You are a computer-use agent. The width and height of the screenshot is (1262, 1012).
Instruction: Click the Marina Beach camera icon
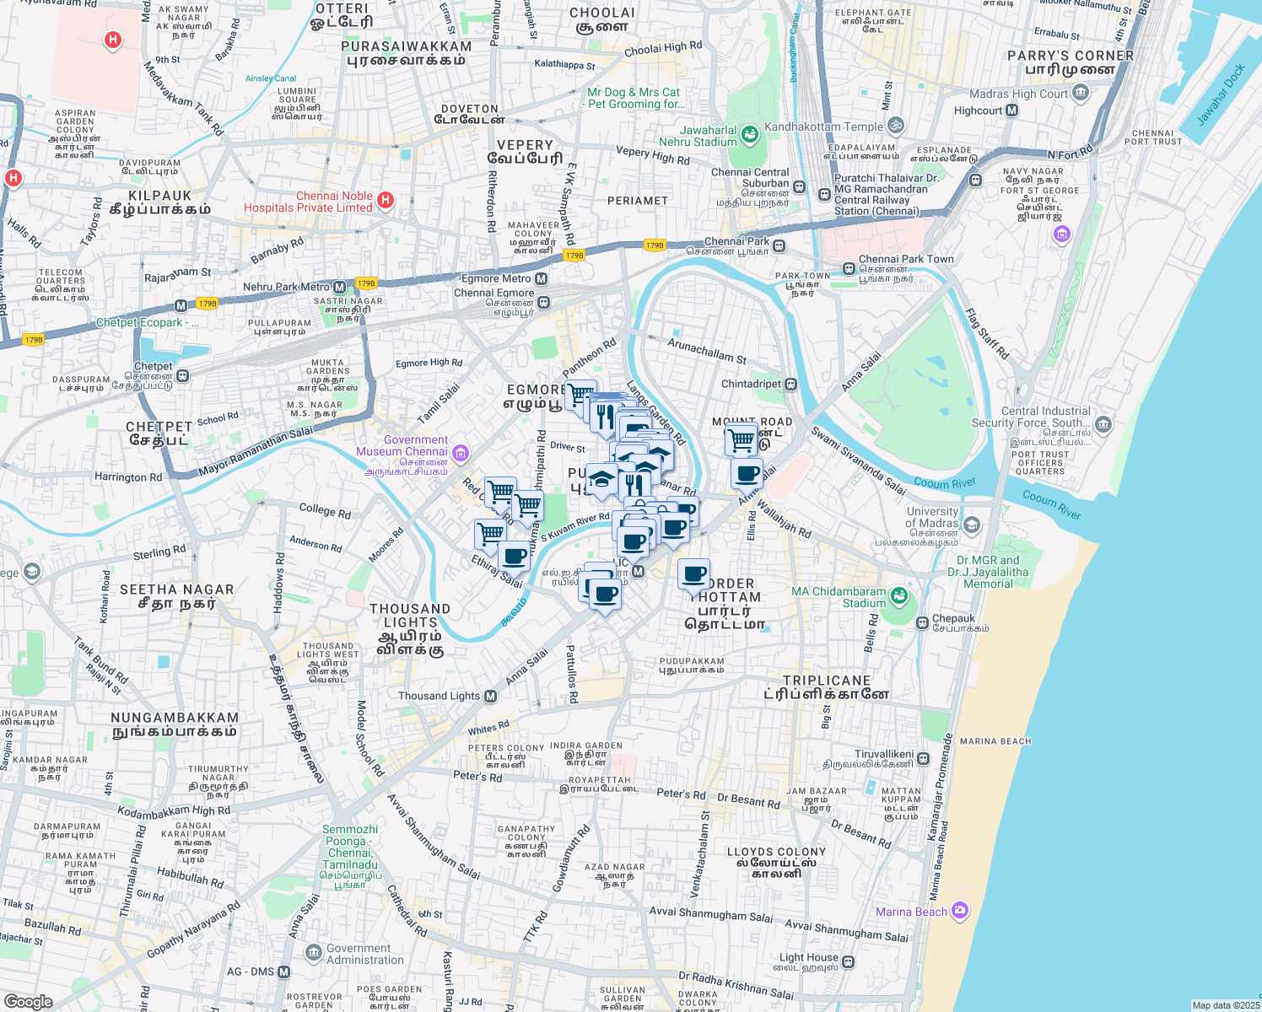point(959,911)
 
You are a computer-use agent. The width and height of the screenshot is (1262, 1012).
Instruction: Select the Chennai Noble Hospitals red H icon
point(386,200)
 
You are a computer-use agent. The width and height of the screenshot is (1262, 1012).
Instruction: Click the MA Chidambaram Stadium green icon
point(898,595)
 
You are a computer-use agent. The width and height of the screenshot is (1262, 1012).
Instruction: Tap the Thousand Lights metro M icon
point(490,696)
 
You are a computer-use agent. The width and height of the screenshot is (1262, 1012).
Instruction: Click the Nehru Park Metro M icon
point(339,287)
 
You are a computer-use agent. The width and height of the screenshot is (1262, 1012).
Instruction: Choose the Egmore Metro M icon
point(542,278)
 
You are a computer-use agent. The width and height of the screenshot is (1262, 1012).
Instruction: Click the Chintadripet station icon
point(790,385)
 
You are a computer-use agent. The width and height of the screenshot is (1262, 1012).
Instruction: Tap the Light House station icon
point(848,961)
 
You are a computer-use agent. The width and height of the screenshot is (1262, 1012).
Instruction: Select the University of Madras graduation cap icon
point(972,525)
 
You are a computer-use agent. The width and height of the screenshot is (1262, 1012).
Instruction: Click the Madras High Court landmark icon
point(1081,94)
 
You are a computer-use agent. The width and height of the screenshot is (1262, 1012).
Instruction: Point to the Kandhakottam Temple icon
point(896,126)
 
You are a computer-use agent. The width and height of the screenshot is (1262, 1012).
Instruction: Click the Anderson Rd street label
point(315,544)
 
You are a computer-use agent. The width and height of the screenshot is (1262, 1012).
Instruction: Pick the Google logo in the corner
point(28,1001)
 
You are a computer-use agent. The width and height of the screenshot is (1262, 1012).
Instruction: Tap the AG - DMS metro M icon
point(283,972)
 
